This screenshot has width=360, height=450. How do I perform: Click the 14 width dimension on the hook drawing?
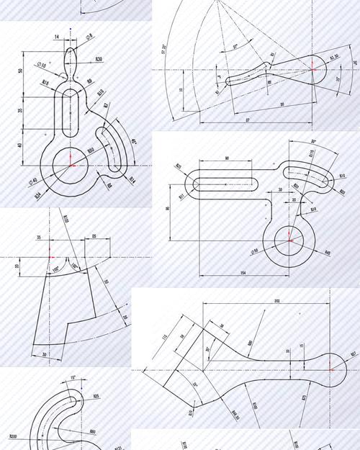[57, 36]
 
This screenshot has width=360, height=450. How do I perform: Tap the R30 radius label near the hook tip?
[98, 59]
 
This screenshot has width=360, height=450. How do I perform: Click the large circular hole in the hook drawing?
[70, 163]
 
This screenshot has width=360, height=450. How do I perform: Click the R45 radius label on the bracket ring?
[327, 253]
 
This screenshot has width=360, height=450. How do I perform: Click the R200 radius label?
[13, 436]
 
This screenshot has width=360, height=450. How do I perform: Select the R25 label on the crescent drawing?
[96, 395]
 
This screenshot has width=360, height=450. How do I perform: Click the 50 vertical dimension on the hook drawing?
[22, 71]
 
